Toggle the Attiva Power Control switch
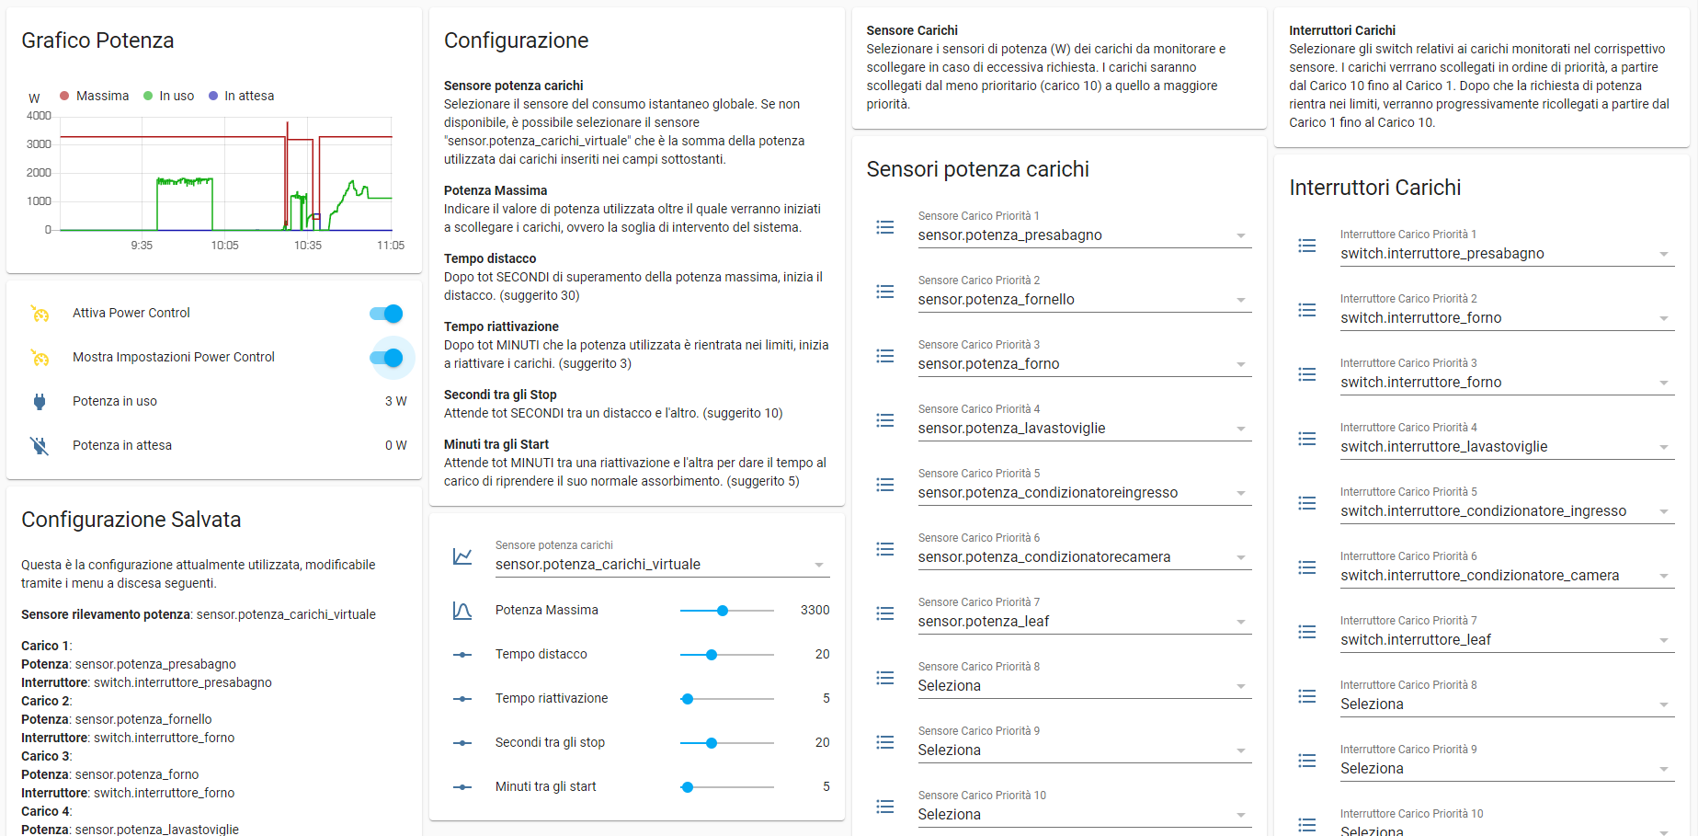click(x=387, y=314)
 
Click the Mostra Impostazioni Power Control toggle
click(x=387, y=358)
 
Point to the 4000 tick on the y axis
click(x=40, y=116)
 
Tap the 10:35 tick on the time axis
click(x=308, y=246)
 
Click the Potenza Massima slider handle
click(x=723, y=611)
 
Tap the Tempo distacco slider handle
click(x=712, y=655)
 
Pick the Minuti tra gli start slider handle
click(x=688, y=787)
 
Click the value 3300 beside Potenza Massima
click(x=815, y=610)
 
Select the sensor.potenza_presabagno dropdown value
click(x=1009, y=235)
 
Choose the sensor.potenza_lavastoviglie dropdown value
click(x=1011, y=429)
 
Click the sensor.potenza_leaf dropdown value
click(x=983, y=622)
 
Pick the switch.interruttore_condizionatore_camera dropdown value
click(x=1479, y=576)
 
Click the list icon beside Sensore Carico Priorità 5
click(x=885, y=485)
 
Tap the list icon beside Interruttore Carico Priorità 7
click(x=1307, y=632)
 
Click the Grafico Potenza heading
click(x=97, y=40)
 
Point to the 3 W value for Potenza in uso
click(x=395, y=401)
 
